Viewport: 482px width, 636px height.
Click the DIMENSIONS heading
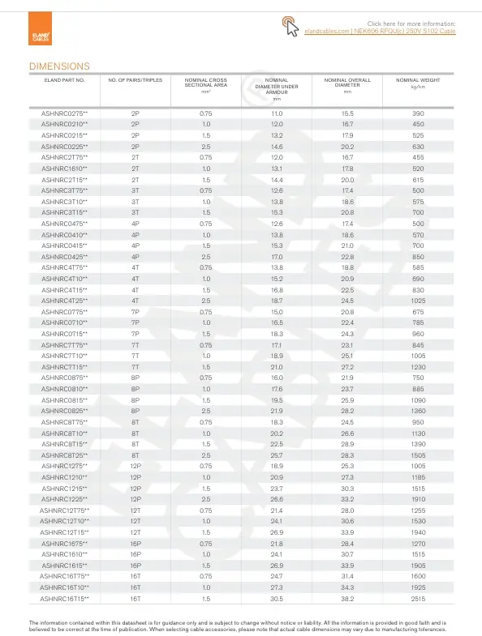tap(59, 66)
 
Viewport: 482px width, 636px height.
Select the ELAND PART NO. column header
tap(63, 80)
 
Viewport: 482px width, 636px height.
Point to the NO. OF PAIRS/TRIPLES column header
tap(136, 80)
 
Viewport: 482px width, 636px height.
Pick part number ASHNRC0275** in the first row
tap(65, 113)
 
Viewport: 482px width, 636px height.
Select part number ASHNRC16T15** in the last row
tap(65, 598)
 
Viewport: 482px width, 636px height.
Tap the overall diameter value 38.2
tap(347, 598)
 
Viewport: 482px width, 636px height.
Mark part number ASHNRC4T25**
tap(65, 301)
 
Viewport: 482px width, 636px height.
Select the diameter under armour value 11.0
tap(277, 113)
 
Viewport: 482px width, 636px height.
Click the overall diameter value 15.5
tap(347, 113)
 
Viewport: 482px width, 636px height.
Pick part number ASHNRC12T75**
tap(65, 532)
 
